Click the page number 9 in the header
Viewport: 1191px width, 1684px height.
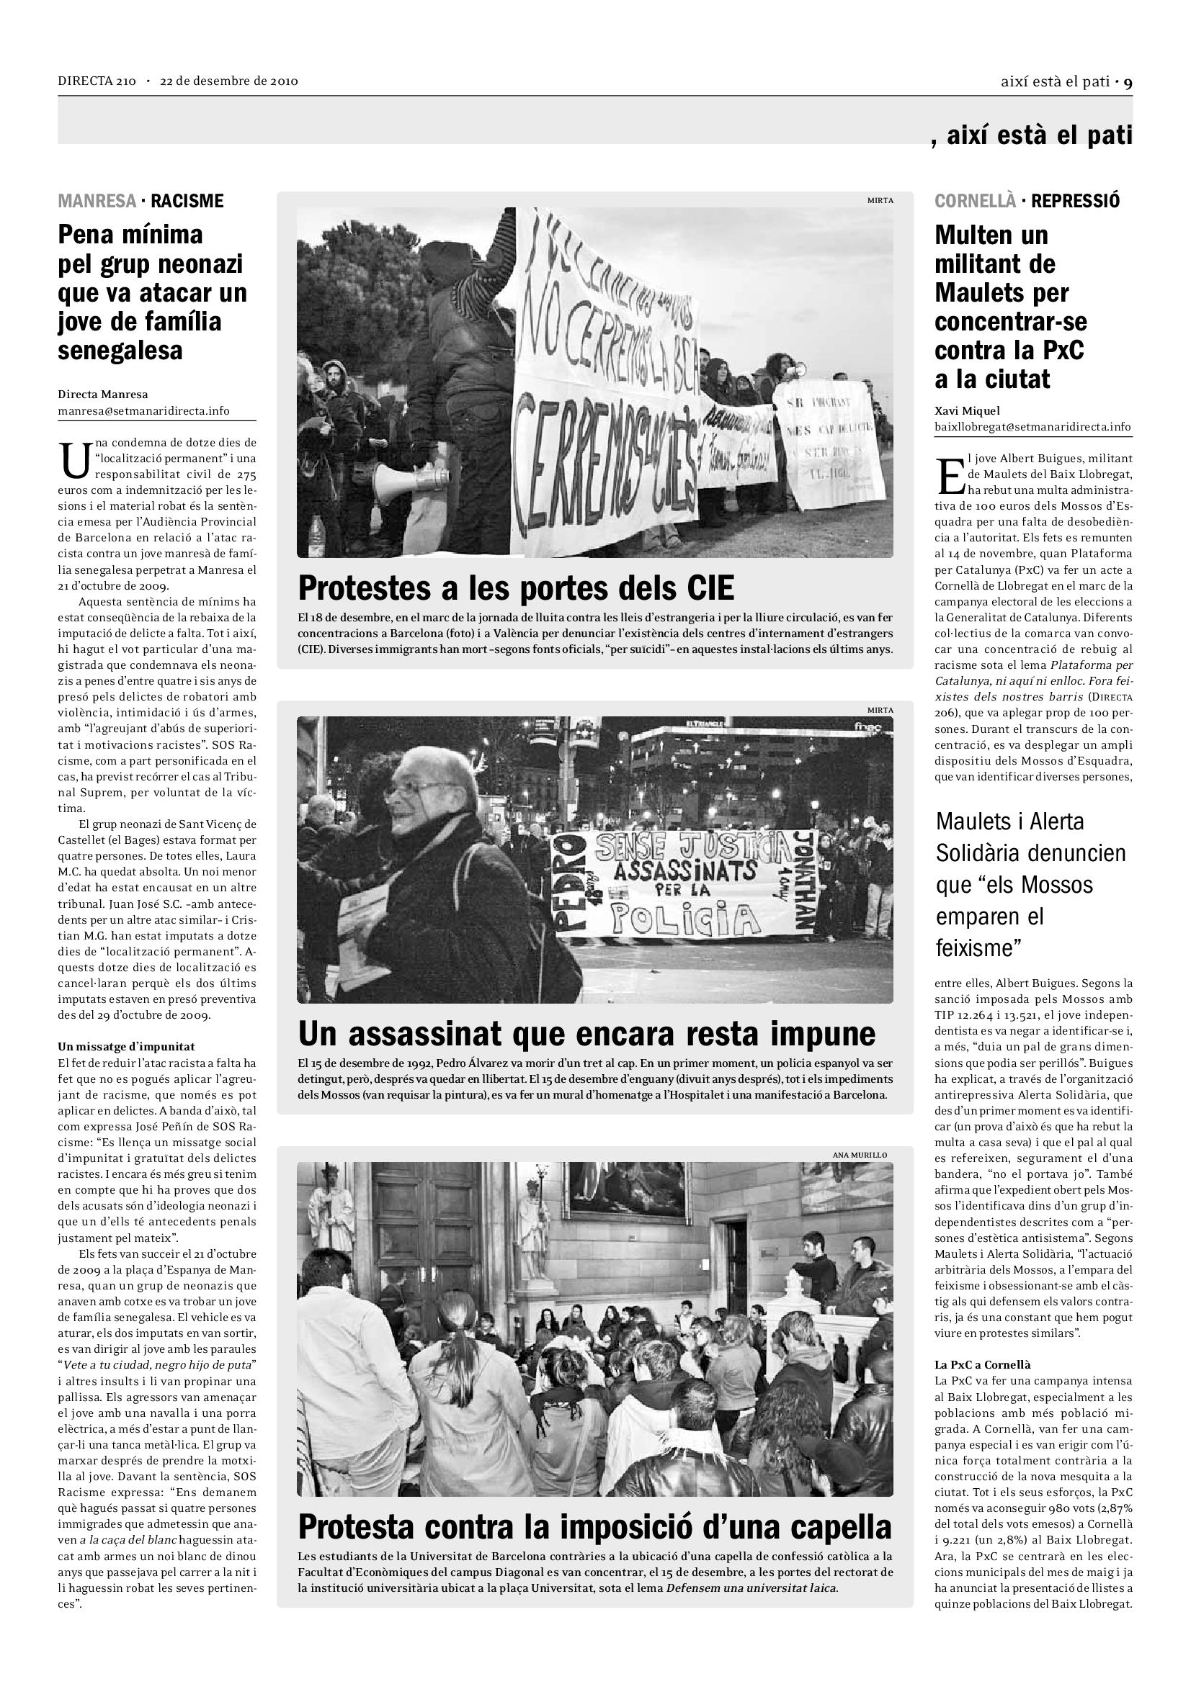pyautogui.click(x=1128, y=82)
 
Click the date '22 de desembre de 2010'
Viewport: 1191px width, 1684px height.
pyautogui.click(x=229, y=81)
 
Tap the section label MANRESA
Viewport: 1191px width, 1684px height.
pyautogui.click(x=97, y=201)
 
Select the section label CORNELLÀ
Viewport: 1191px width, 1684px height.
pyautogui.click(x=976, y=201)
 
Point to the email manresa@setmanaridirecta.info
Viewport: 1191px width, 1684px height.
pyautogui.click(x=144, y=410)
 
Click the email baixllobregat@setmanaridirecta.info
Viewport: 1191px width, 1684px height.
pyautogui.click(x=1032, y=427)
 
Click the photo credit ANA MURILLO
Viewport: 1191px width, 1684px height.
pyautogui.click(x=860, y=1155)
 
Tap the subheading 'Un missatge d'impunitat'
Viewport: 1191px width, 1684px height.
pyautogui.click(x=126, y=1047)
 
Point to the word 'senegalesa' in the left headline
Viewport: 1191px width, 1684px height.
pyautogui.click(x=120, y=351)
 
